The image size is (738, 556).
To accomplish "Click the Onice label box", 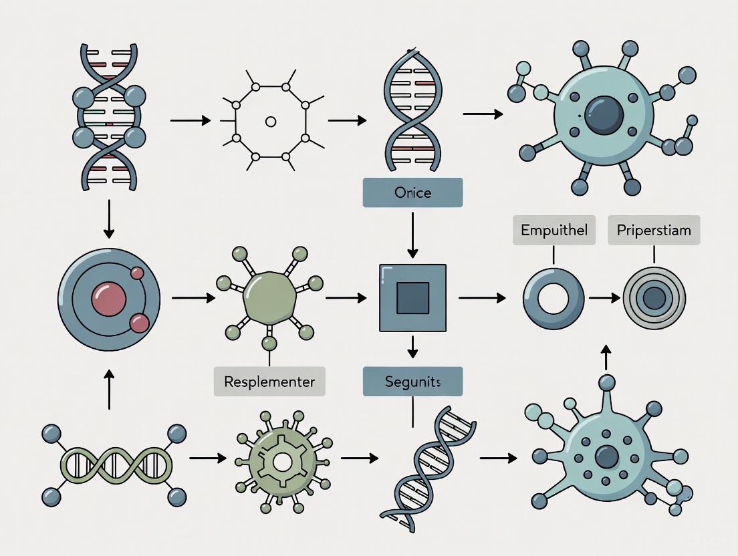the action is click(412, 192).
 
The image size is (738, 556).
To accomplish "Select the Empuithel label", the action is click(553, 231).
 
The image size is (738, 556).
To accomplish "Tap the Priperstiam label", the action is click(654, 231).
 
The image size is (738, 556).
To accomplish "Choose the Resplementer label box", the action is click(269, 382).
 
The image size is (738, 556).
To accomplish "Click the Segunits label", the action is click(412, 382).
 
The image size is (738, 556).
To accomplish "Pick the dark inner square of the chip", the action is click(412, 298).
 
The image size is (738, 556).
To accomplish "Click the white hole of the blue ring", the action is click(553, 298).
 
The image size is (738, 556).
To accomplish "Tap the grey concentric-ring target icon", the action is click(654, 298).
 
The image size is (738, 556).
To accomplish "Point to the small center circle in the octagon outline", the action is click(270, 122).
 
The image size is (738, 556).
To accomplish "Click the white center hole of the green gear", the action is click(282, 461).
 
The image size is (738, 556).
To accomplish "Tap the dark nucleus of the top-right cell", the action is click(604, 115).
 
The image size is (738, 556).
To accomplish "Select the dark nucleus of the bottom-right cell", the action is click(606, 457).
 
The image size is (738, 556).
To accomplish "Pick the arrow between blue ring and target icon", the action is click(604, 298).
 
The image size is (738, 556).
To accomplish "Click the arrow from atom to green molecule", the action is click(189, 298).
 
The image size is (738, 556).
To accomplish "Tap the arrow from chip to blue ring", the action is click(481, 298).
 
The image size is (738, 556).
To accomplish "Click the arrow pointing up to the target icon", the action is click(606, 358).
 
